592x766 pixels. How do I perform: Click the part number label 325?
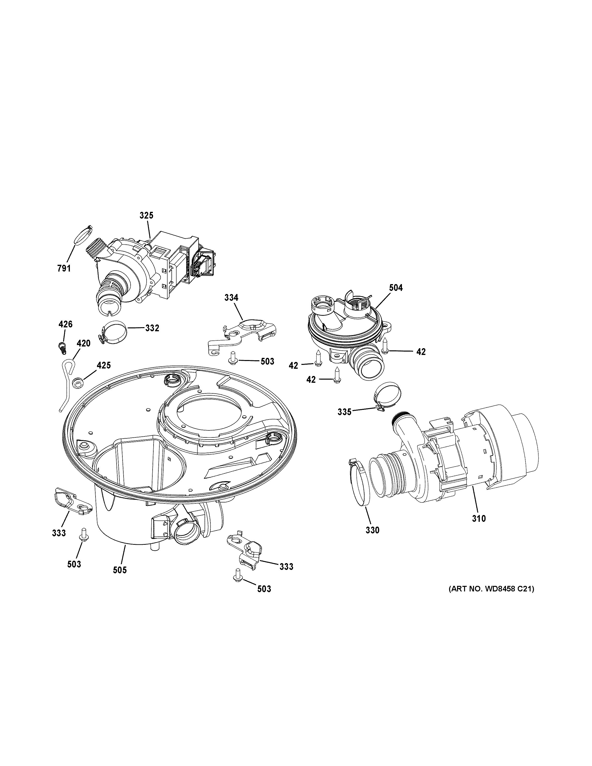pyautogui.click(x=146, y=215)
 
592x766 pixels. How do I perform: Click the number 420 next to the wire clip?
pyautogui.click(x=83, y=343)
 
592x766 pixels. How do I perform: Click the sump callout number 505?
pyautogui.click(x=120, y=570)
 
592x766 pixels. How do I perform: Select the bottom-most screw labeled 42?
pyautogui.click(x=337, y=376)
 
